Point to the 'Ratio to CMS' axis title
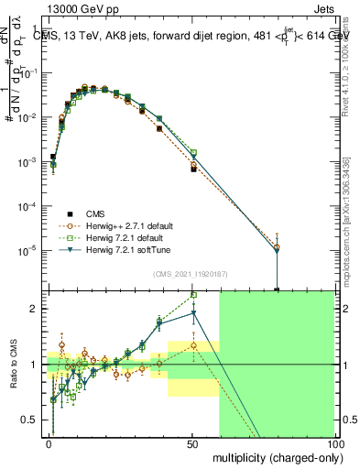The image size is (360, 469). [x=13, y=365]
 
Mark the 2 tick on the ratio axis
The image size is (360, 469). [x=37, y=309]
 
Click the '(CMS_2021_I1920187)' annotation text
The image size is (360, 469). [x=191, y=273]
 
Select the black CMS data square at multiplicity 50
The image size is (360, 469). [x=193, y=169]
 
